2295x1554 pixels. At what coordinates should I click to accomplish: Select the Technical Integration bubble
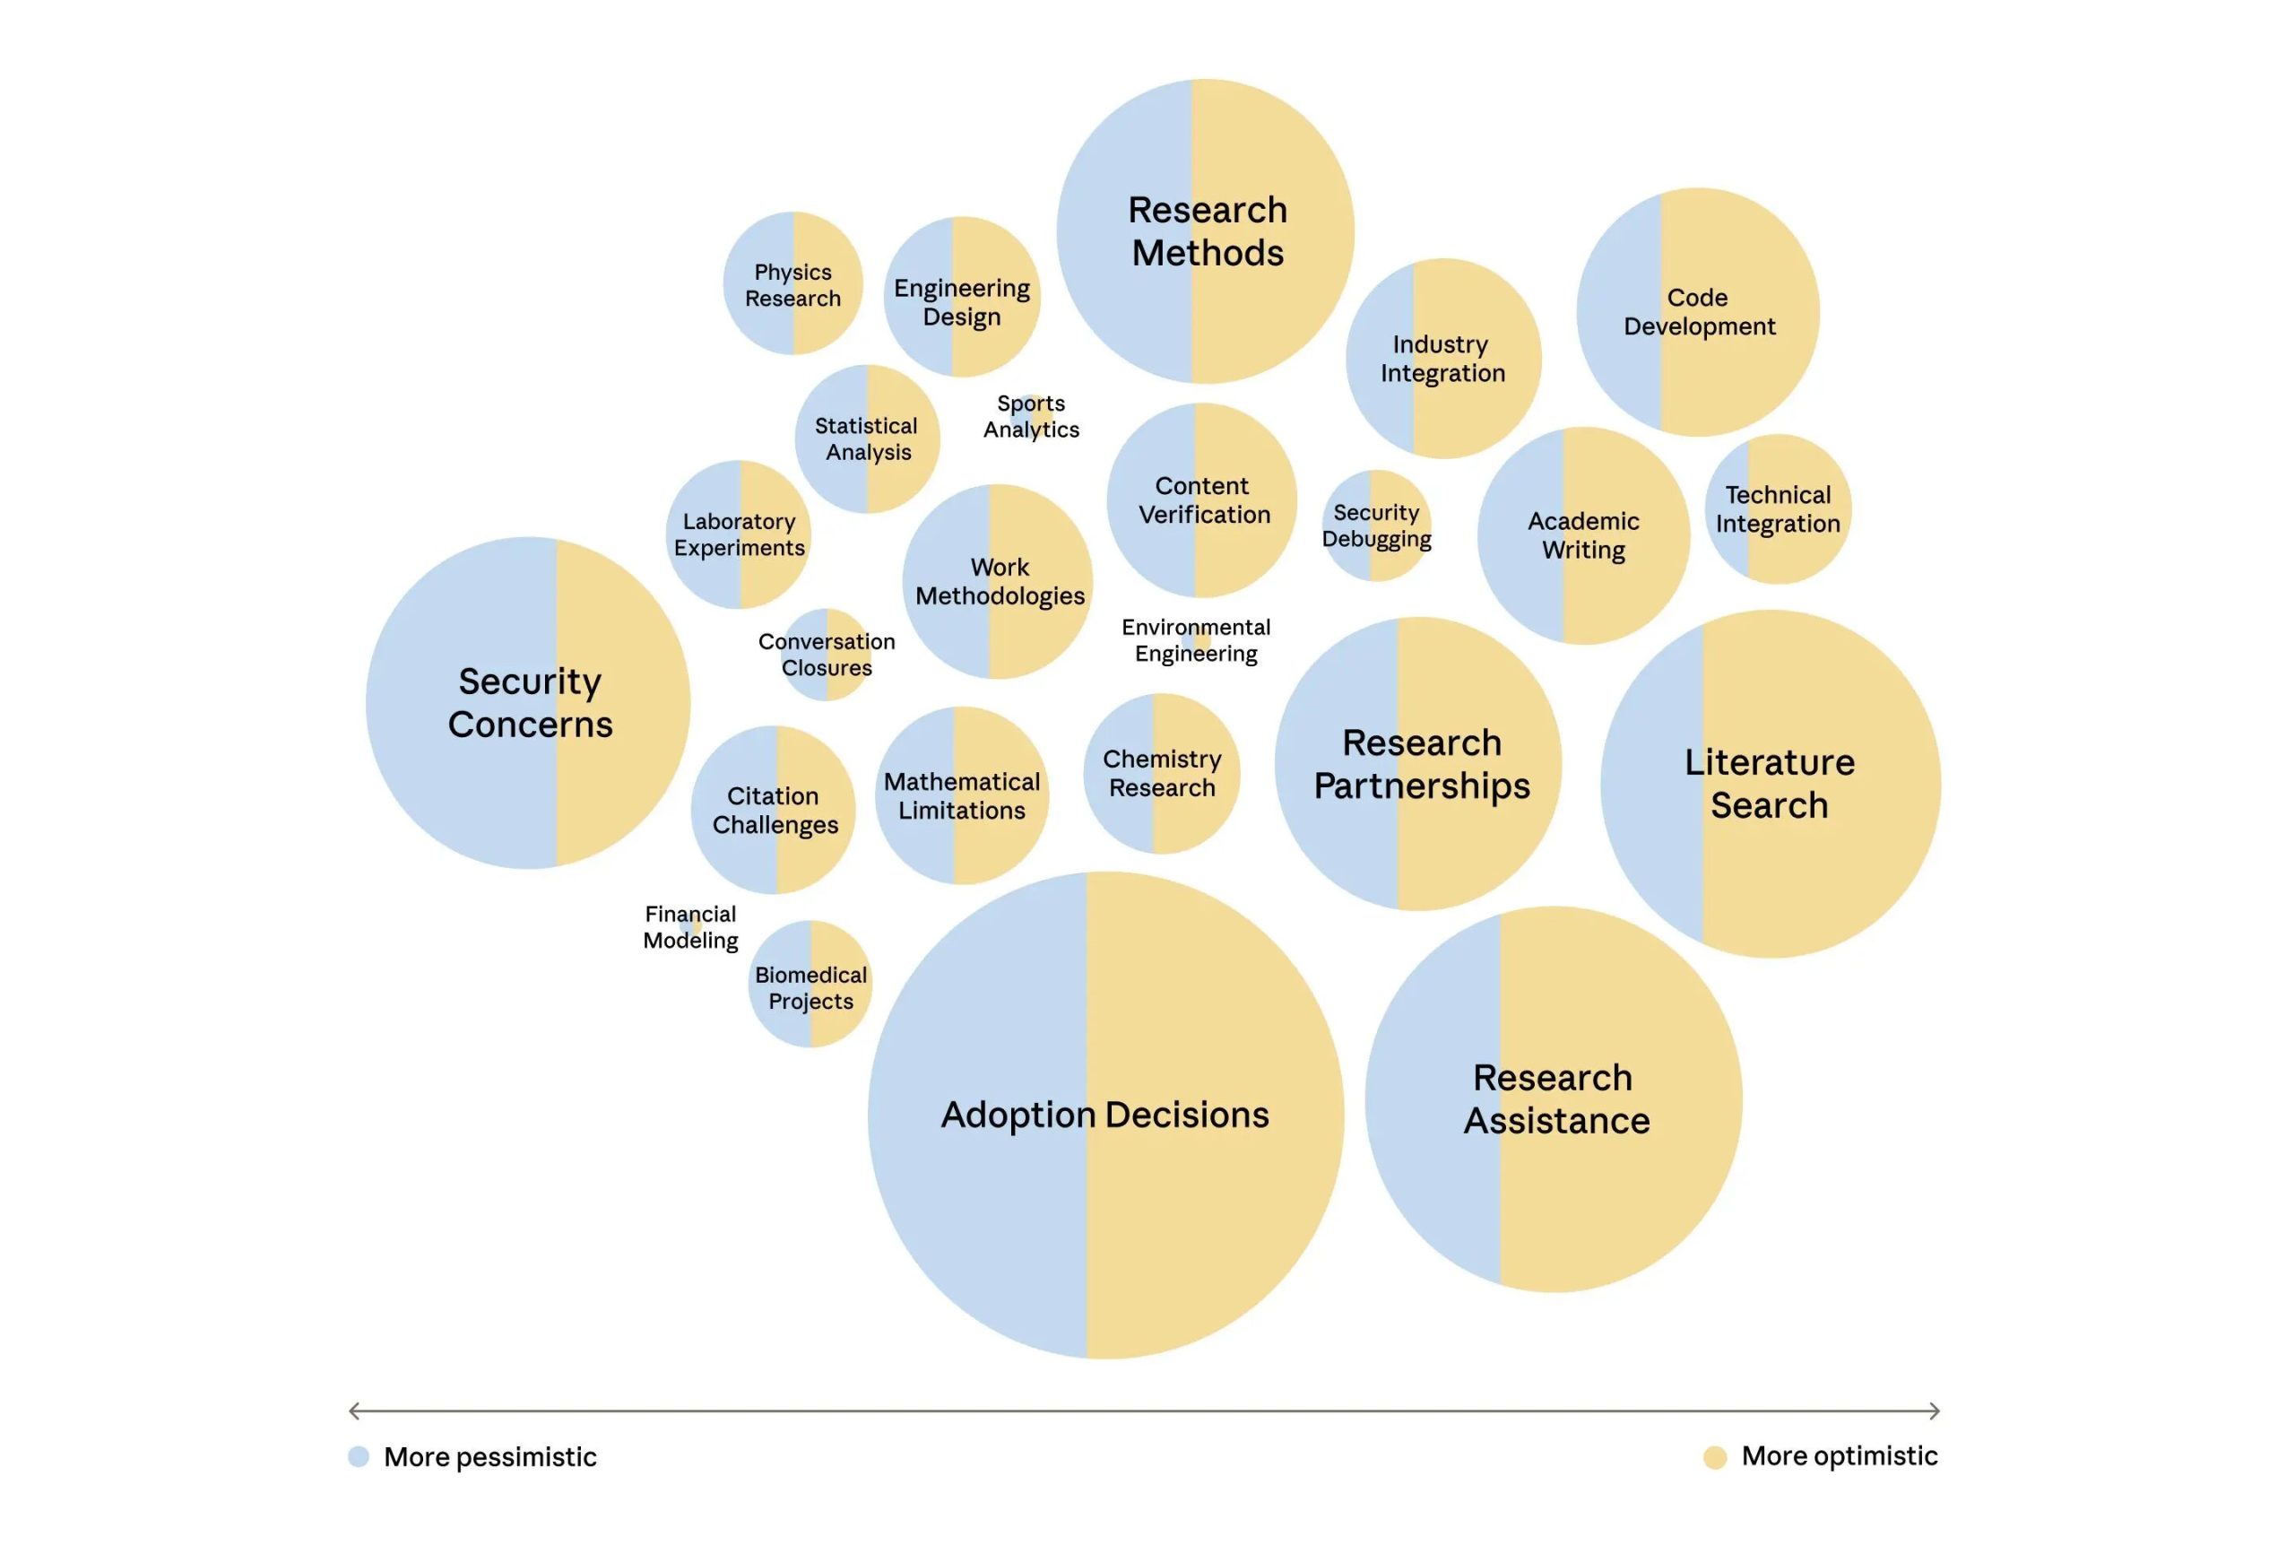click(1778, 508)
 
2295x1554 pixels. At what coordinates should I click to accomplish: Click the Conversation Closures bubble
click(827, 654)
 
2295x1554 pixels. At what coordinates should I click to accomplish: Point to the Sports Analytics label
click(1031, 416)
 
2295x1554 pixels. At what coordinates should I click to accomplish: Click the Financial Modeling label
click(690, 926)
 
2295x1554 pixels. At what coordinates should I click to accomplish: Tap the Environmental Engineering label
click(1196, 640)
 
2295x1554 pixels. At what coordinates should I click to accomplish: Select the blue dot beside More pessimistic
click(359, 1456)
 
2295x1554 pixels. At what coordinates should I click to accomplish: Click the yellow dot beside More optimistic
click(1715, 1457)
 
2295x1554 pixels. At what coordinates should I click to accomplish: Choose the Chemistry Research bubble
click(1161, 774)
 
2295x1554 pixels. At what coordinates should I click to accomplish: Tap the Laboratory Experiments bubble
click(739, 534)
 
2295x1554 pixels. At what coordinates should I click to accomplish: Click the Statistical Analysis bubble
click(867, 438)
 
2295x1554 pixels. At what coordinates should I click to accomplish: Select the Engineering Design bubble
click(961, 298)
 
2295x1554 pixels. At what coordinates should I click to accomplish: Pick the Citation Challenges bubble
click(774, 810)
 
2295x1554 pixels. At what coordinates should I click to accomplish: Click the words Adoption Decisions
click(1104, 1115)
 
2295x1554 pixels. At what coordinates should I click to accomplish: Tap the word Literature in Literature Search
click(1769, 761)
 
